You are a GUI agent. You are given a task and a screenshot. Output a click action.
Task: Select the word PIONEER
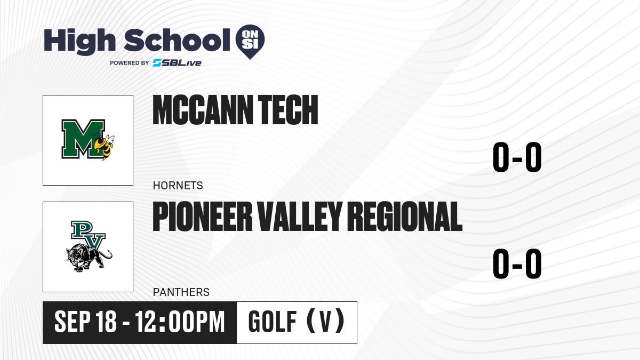click(x=203, y=217)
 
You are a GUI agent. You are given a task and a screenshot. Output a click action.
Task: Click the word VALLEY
click(x=300, y=217)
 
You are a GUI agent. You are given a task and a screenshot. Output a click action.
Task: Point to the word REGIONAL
click(x=405, y=217)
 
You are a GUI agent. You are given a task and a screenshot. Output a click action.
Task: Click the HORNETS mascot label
click(x=178, y=186)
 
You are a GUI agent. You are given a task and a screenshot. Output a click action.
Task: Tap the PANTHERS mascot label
click(x=181, y=292)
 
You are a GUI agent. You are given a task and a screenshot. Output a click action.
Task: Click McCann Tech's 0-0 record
click(x=517, y=157)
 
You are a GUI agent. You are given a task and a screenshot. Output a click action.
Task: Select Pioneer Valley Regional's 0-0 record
click(x=517, y=263)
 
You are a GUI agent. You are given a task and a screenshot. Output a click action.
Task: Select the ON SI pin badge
click(x=250, y=42)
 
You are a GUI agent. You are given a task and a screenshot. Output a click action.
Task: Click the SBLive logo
click(x=177, y=63)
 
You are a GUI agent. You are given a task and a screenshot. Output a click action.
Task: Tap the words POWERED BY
click(x=129, y=63)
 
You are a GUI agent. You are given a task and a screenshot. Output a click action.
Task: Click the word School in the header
click(x=177, y=41)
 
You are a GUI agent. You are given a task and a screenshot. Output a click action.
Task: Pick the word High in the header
click(x=79, y=42)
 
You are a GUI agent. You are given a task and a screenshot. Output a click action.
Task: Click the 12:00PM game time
click(x=180, y=322)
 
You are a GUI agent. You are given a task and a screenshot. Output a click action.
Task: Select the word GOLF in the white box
click(x=273, y=322)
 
